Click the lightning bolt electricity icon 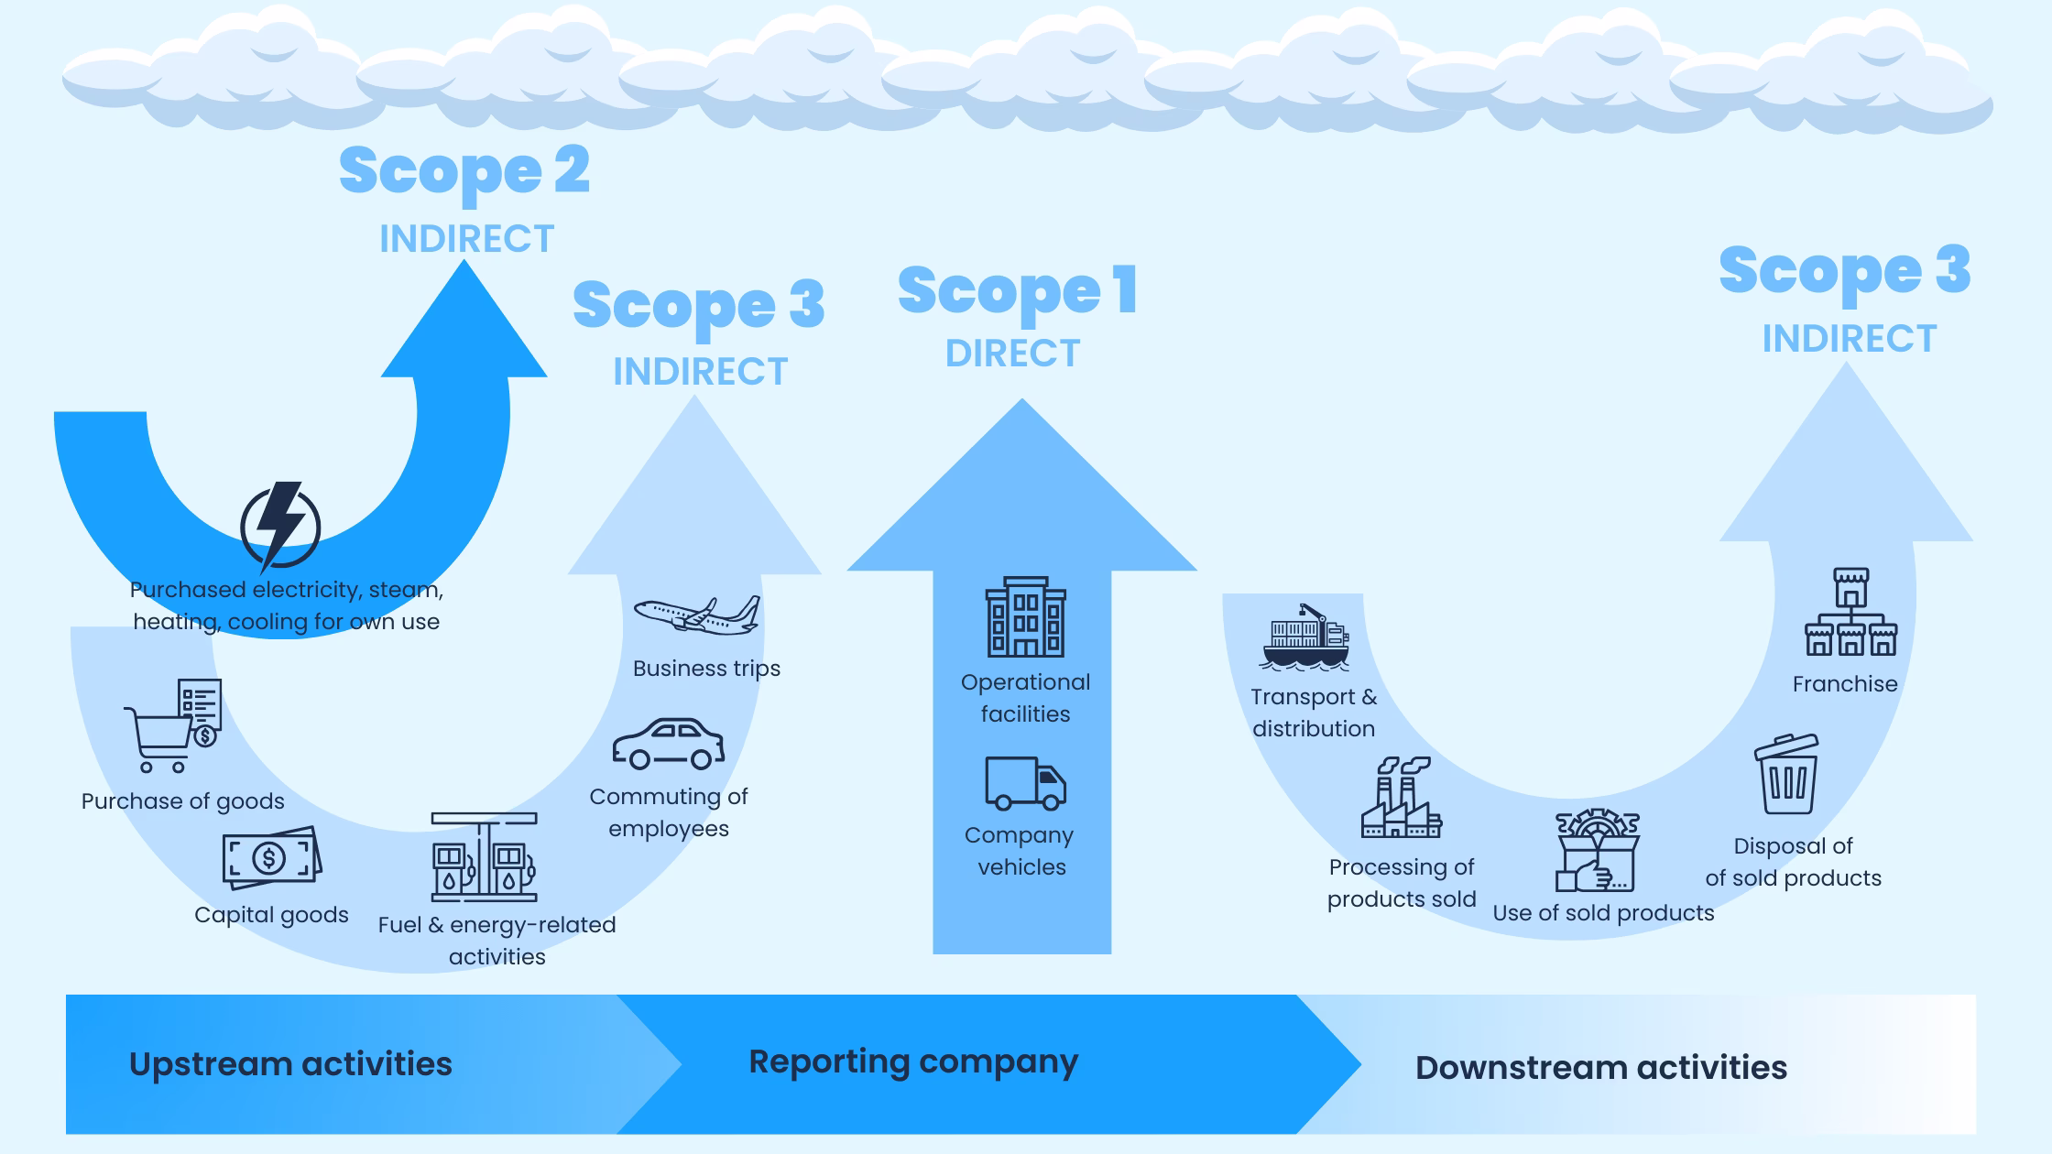pyautogui.click(x=279, y=526)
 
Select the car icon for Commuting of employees pyautogui.click(x=668, y=744)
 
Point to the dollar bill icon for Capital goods pyautogui.click(x=272, y=858)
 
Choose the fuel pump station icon pyautogui.click(x=485, y=857)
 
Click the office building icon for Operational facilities pyautogui.click(x=1025, y=617)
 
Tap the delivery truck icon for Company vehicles pyautogui.click(x=1025, y=783)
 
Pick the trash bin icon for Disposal pyautogui.click(x=1787, y=775)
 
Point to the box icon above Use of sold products pyautogui.click(x=1597, y=851)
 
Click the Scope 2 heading pyautogui.click(x=464, y=171)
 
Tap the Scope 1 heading pyautogui.click(x=1018, y=291)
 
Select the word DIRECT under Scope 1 pyautogui.click(x=1012, y=354)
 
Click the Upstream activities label pyautogui.click(x=290, y=1064)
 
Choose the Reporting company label pyautogui.click(x=913, y=1061)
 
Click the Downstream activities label pyautogui.click(x=1600, y=1068)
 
